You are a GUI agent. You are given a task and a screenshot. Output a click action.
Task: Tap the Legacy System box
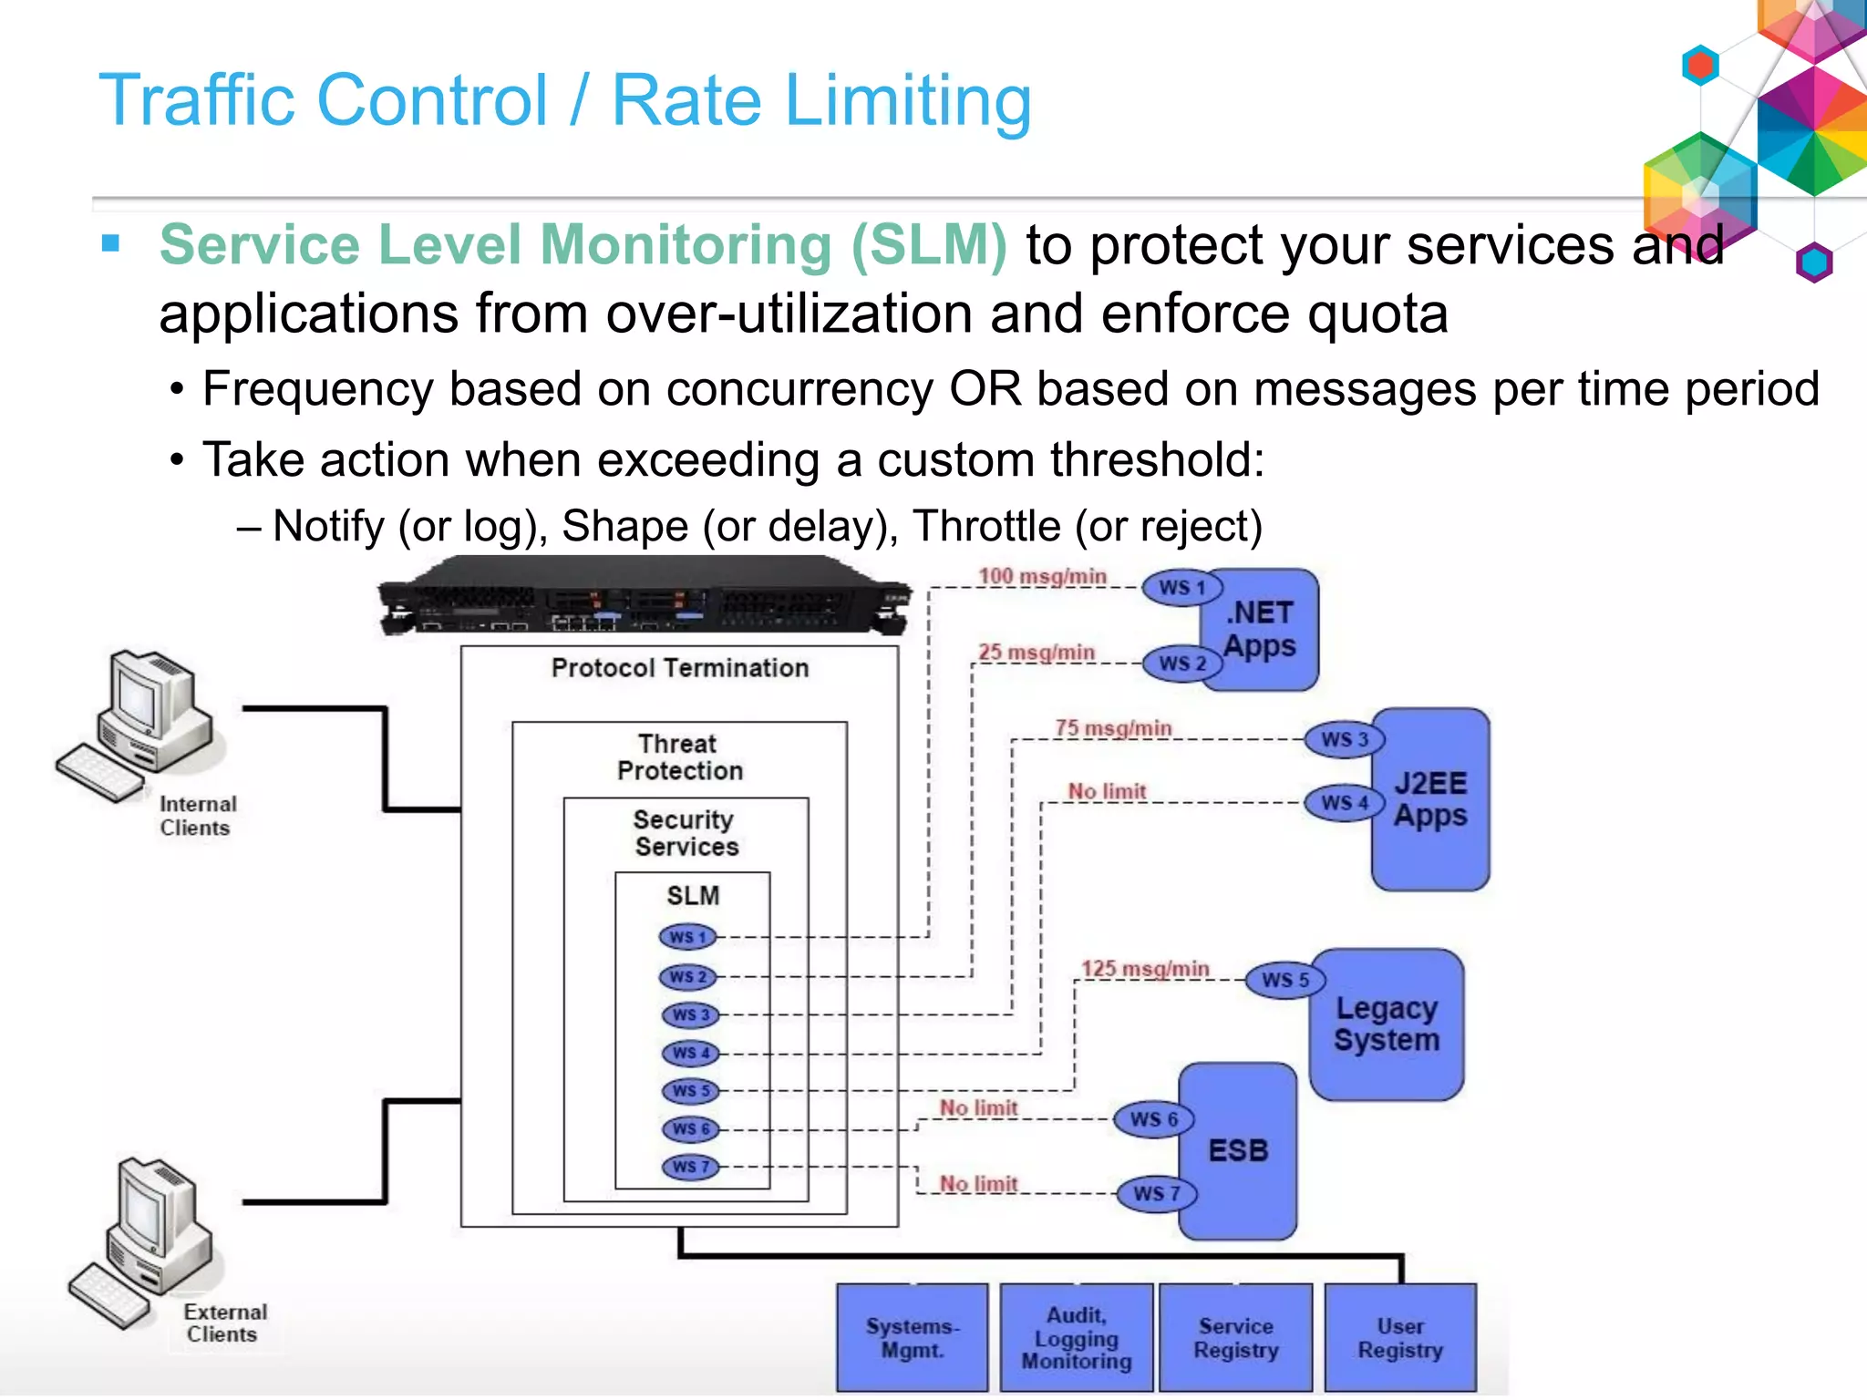point(1387,1024)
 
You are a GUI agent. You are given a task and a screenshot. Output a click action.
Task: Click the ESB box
point(1238,1150)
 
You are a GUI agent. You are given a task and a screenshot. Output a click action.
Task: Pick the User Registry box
point(1400,1337)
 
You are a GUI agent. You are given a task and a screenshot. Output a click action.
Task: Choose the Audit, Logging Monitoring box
point(1077,1337)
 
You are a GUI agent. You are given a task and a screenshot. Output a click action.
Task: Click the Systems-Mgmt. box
point(912,1337)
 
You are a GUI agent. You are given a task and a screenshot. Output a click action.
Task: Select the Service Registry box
point(1236,1337)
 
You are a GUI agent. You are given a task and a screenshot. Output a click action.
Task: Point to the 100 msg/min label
point(1042,576)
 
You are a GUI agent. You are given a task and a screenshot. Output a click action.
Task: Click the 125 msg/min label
point(1145,968)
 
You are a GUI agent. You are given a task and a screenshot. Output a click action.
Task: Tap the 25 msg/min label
point(1037,653)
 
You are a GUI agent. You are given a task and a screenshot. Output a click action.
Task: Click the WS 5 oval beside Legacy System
point(1285,980)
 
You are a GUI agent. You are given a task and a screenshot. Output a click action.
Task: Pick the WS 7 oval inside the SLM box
point(690,1167)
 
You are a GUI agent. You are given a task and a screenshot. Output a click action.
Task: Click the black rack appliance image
point(644,597)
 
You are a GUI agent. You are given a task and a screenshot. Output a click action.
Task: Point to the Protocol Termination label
point(680,668)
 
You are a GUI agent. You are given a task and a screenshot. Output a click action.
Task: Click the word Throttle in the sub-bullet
point(985,526)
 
